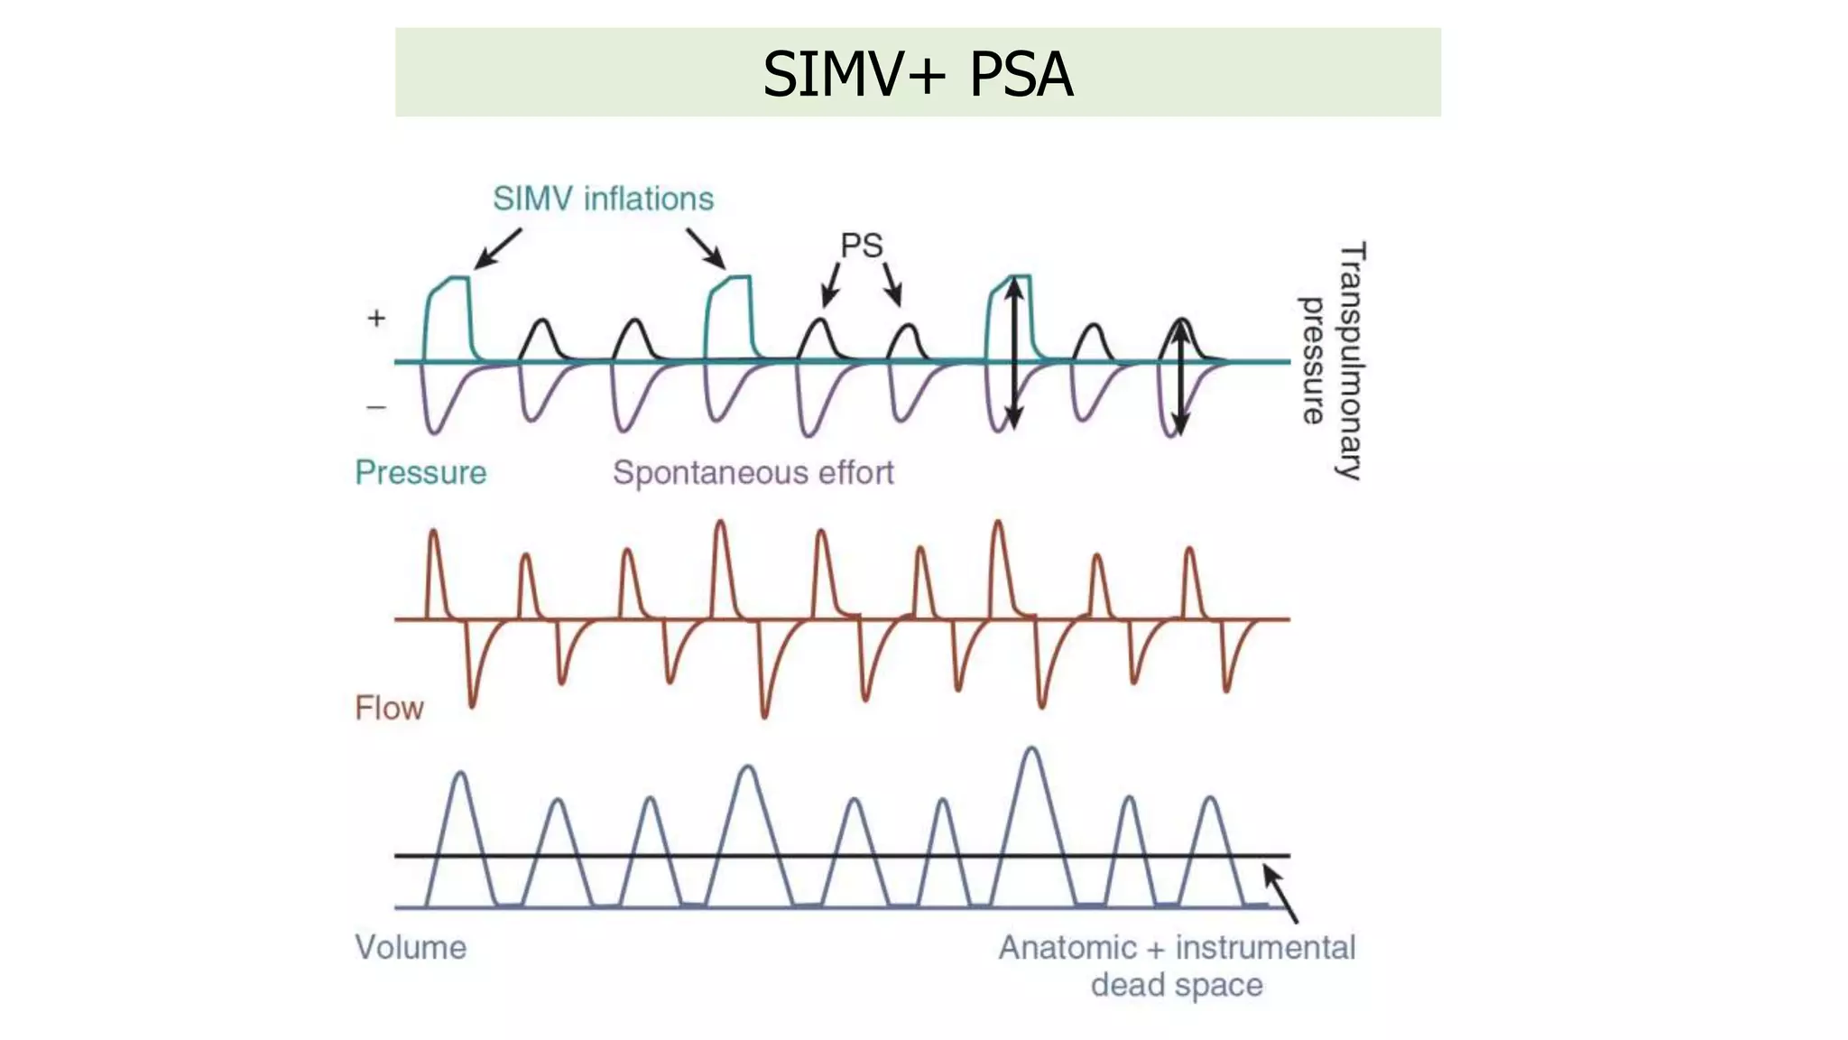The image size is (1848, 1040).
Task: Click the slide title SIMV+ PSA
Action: (x=918, y=73)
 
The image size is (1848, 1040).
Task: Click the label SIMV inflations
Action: (x=603, y=199)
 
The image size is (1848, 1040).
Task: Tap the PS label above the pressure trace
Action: (x=861, y=246)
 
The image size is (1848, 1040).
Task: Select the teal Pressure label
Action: (x=420, y=472)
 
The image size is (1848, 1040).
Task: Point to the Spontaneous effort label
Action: (x=753, y=472)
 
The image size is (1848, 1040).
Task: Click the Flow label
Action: (x=389, y=708)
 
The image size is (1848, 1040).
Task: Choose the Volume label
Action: (x=411, y=947)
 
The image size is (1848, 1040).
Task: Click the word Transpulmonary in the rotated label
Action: (x=1351, y=360)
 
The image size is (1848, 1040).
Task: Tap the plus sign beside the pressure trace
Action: (x=376, y=318)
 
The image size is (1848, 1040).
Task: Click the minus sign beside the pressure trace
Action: (x=376, y=407)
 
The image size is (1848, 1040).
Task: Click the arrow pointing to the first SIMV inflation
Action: (x=497, y=248)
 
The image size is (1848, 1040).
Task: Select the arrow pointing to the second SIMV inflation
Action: (x=706, y=248)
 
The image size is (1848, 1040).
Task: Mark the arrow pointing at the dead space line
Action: (x=1280, y=894)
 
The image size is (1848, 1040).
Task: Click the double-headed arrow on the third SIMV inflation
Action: (x=1014, y=352)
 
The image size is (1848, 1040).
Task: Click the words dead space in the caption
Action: (x=1177, y=985)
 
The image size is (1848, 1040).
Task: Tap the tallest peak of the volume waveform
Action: (x=1031, y=749)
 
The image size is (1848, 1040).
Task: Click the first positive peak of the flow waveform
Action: (x=434, y=533)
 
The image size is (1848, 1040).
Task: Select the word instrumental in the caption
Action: (x=1265, y=947)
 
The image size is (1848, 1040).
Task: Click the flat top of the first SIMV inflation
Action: (x=457, y=278)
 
